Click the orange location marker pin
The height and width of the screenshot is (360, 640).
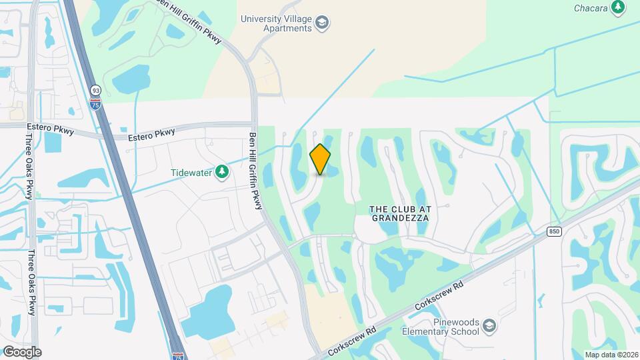[320, 159]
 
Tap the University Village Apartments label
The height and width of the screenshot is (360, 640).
[276, 24]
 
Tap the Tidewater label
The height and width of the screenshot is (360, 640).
[191, 173]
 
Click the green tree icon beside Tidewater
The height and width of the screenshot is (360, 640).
[221, 173]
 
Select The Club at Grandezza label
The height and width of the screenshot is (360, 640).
[401, 213]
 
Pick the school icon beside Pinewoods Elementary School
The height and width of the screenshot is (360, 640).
[489, 326]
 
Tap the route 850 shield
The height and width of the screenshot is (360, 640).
[554, 231]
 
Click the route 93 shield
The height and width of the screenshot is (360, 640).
[96, 91]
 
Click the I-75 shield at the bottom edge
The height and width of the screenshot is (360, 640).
[177, 356]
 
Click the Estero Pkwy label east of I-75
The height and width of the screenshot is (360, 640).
[152, 134]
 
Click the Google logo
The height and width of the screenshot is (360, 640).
[21, 352]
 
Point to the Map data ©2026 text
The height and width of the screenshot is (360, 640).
[611, 355]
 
